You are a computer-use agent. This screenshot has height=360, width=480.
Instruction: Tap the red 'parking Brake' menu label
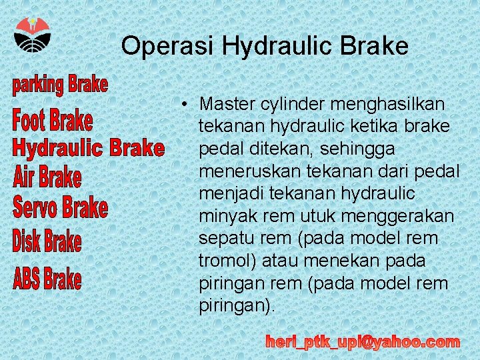click(59, 85)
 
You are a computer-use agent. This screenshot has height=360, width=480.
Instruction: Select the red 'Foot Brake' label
click(53, 121)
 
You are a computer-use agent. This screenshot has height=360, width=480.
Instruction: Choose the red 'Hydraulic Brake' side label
click(89, 147)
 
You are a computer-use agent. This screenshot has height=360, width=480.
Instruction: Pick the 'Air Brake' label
click(47, 177)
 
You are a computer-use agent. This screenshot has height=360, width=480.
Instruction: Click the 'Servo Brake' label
click(60, 207)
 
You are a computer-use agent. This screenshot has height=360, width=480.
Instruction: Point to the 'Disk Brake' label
click(47, 241)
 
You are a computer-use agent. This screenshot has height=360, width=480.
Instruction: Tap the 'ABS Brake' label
click(47, 278)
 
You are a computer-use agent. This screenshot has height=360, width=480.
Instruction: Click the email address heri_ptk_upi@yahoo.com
click(363, 343)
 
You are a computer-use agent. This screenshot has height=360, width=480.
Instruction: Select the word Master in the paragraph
click(226, 105)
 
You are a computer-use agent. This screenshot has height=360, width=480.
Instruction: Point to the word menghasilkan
click(386, 105)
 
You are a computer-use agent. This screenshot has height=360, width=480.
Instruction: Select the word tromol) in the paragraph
click(227, 261)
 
